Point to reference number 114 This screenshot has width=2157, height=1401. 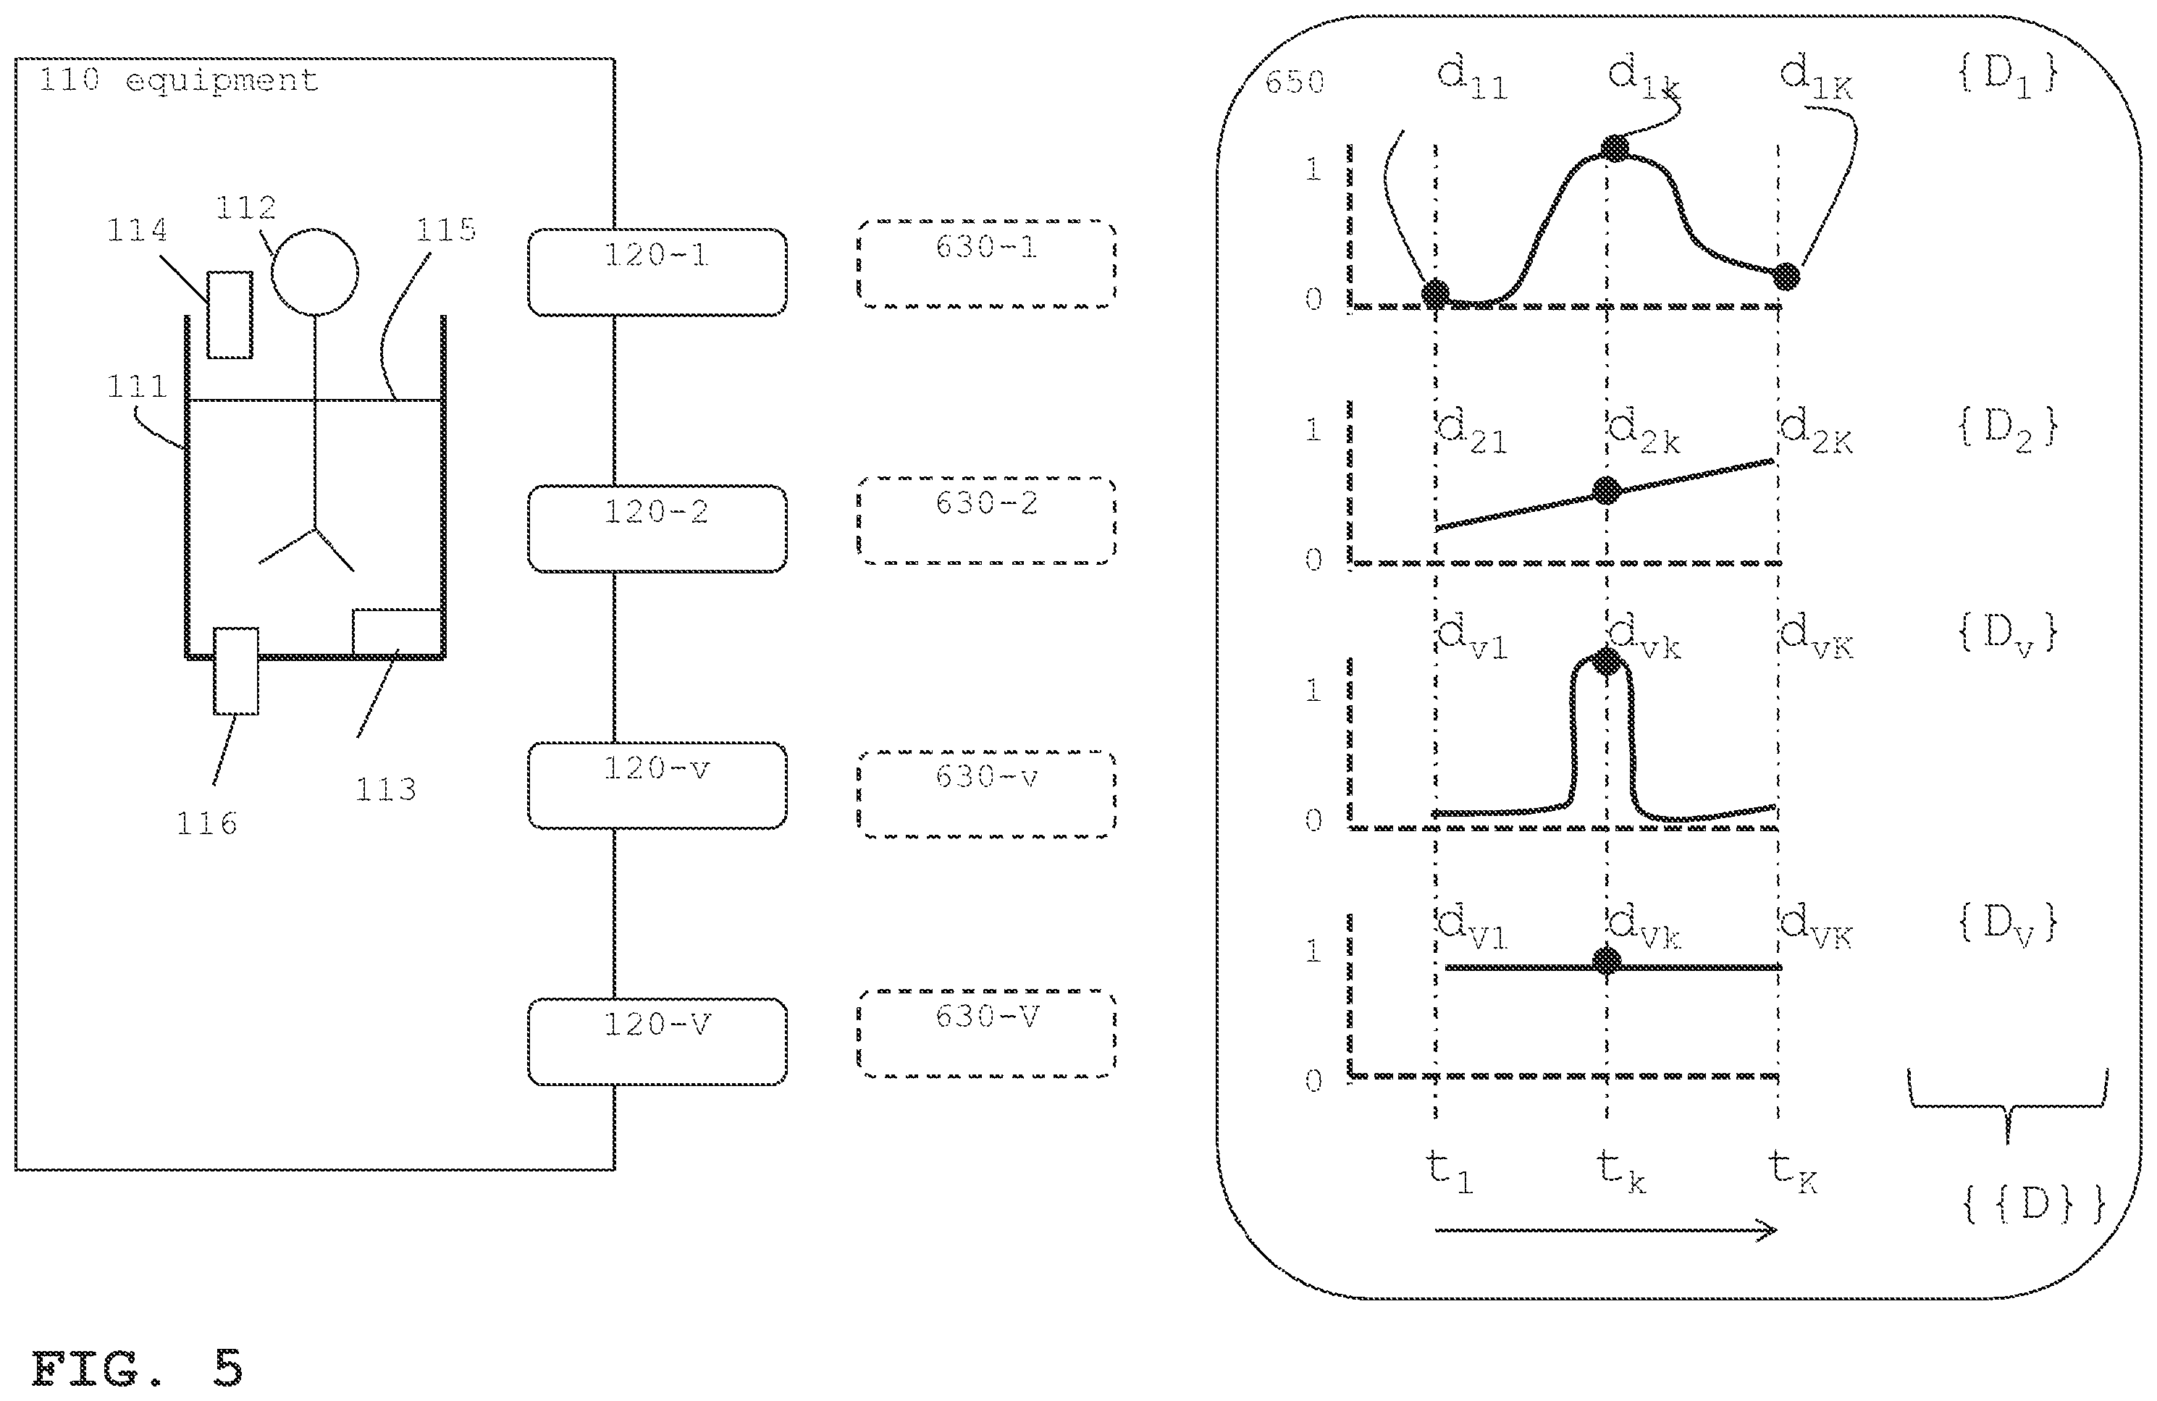click(x=138, y=230)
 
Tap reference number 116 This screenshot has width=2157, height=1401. click(x=206, y=822)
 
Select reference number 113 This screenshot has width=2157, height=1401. click(x=385, y=789)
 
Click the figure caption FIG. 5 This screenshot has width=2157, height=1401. click(x=138, y=1368)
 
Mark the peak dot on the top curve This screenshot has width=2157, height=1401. click(x=1614, y=148)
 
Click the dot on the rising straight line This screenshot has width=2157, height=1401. click(x=1607, y=490)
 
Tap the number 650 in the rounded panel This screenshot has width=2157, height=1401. click(x=1295, y=83)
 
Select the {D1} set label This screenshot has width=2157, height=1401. click(x=2007, y=76)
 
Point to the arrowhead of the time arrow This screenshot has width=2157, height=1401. click(x=1775, y=1229)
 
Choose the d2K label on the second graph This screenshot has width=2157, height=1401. click(x=1816, y=432)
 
